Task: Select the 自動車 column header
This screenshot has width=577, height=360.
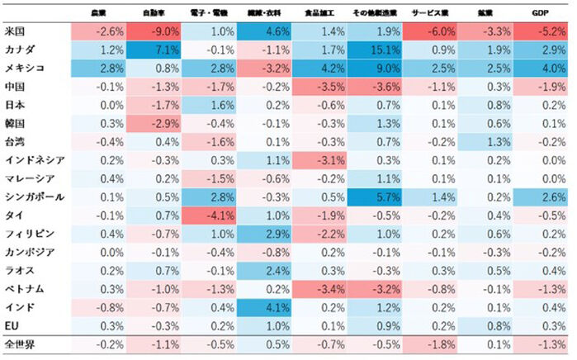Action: tap(152, 13)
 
